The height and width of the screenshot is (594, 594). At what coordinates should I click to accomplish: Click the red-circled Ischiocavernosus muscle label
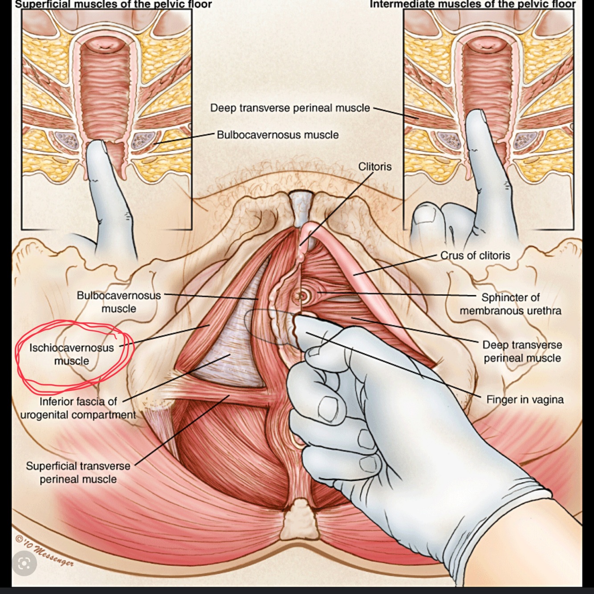pyautogui.click(x=72, y=354)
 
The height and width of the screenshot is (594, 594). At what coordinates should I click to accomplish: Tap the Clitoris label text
pyautogui.click(x=375, y=167)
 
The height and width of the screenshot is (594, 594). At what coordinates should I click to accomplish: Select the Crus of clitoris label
pyautogui.click(x=475, y=256)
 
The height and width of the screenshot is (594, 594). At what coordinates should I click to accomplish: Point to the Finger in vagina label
pyautogui.click(x=525, y=399)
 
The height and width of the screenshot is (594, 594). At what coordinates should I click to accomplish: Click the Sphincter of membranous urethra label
pyautogui.click(x=510, y=304)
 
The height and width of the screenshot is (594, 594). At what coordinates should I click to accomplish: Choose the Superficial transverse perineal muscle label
pyautogui.click(x=78, y=472)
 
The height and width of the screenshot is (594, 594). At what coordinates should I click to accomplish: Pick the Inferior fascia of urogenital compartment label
pyautogui.click(x=78, y=408)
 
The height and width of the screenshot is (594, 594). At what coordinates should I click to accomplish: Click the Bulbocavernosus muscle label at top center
pyautogui.click(x=277, y=134)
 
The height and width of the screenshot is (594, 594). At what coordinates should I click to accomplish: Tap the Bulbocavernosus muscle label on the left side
pyautogui.click(x=118, y=301)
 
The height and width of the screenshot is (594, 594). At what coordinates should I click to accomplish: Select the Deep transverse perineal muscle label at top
pyautogui.click(x=290, y=108)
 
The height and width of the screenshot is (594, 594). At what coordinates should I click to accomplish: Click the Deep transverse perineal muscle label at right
pyautogui.click(x=522, y=351)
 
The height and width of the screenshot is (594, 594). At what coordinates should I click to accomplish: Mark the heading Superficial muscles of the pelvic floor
pyautogui.click(x=114, y=4)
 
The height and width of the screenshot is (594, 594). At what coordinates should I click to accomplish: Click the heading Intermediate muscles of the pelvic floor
pyautogui.click(x=472, y=4)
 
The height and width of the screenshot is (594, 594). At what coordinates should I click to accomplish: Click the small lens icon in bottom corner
pyautogui.click(x=24, y=564)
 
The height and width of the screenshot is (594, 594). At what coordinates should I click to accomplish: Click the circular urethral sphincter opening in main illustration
pyautogui.click(x=301, y=294)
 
